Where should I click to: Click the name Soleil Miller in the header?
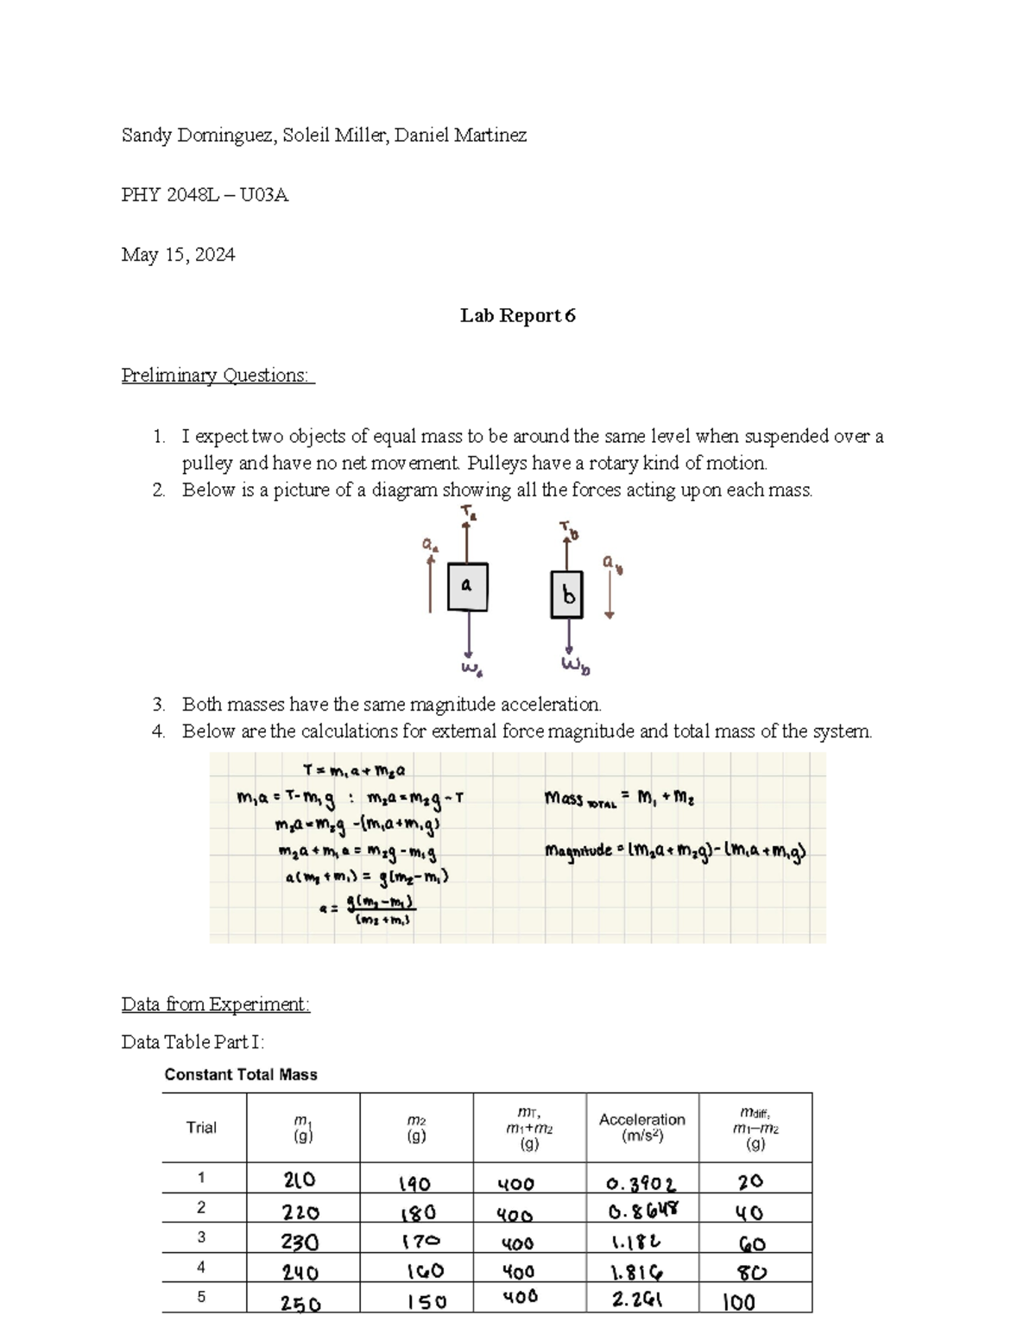click(x=331, y=136)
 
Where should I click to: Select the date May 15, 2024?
click(x=178, y=255)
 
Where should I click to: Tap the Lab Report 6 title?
click(x=517, y=316)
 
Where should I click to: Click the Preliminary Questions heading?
click(x=218, y=376)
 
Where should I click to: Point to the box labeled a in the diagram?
click(x=467, y=586)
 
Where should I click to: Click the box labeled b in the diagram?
click(x=567, y=594)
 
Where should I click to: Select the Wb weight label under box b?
click(x=575, y=666)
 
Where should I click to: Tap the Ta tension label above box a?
click(x=468, y=515)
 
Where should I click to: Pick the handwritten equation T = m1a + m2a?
click(x=354, y=770)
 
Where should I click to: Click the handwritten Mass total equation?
click(x=619, y=800)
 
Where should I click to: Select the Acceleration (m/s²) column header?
click(x=641, y=1127)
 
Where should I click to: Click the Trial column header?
click(x=201, y=1127)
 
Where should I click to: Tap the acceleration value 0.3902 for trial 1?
click(x=641, y=1183)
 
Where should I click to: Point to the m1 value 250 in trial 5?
click(x=301, y=1304)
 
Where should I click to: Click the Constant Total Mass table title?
click(x=241, y=1075)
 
